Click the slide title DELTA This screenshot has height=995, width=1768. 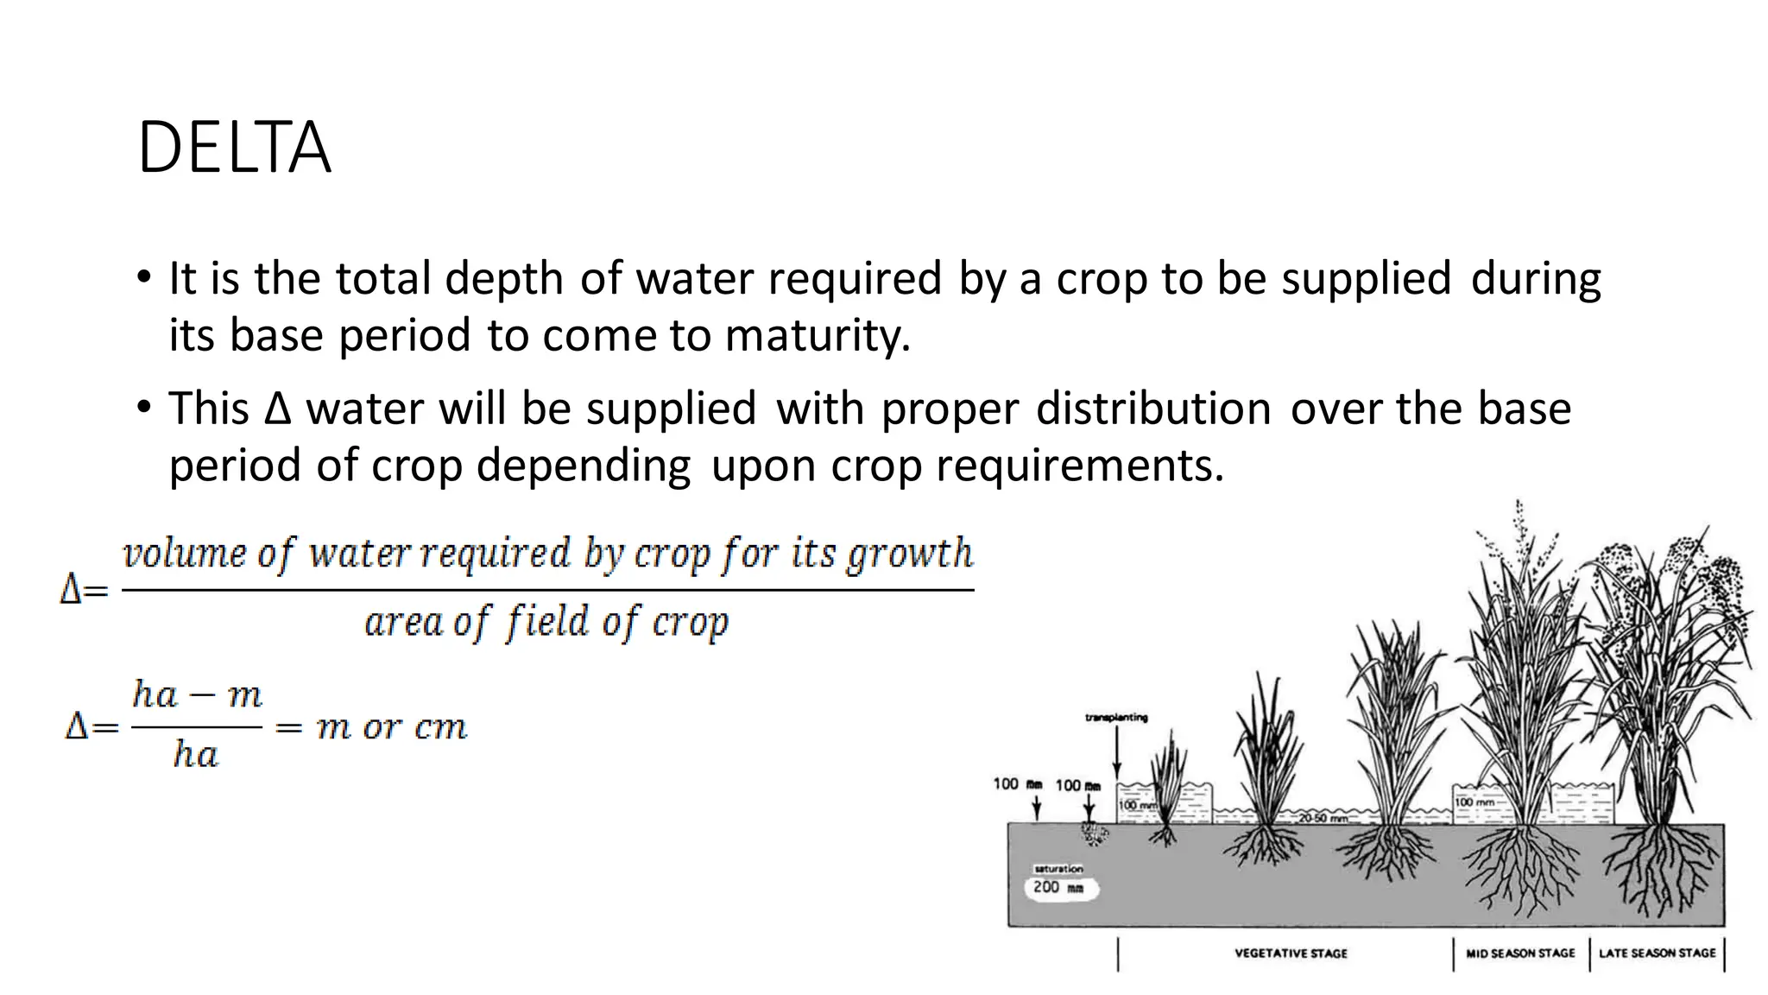tap(234, 149)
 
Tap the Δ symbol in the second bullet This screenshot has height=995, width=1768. tap(278, 409)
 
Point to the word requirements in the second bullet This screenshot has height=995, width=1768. tap(1079, 466)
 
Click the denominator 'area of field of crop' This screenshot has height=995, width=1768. tap(546, 622)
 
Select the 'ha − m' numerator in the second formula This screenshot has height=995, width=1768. tap(197, 694)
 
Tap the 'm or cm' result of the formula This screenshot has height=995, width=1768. tap(392, 727)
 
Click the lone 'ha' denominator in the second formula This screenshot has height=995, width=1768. tap(195, 755)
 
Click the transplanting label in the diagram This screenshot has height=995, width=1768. tap(1116, 718)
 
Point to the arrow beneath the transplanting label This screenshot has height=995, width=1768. tap(1117, 751)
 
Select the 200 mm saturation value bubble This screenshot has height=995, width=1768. tap(1060, 888)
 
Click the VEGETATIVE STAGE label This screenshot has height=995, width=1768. tap(1291, 954)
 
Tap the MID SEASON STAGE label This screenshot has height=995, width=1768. tap(1520, 954)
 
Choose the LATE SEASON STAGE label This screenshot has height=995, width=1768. tap(1657, 954)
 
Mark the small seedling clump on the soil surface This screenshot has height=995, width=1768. tap(1094, 833)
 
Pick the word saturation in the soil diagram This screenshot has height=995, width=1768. tap(1058, 868)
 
